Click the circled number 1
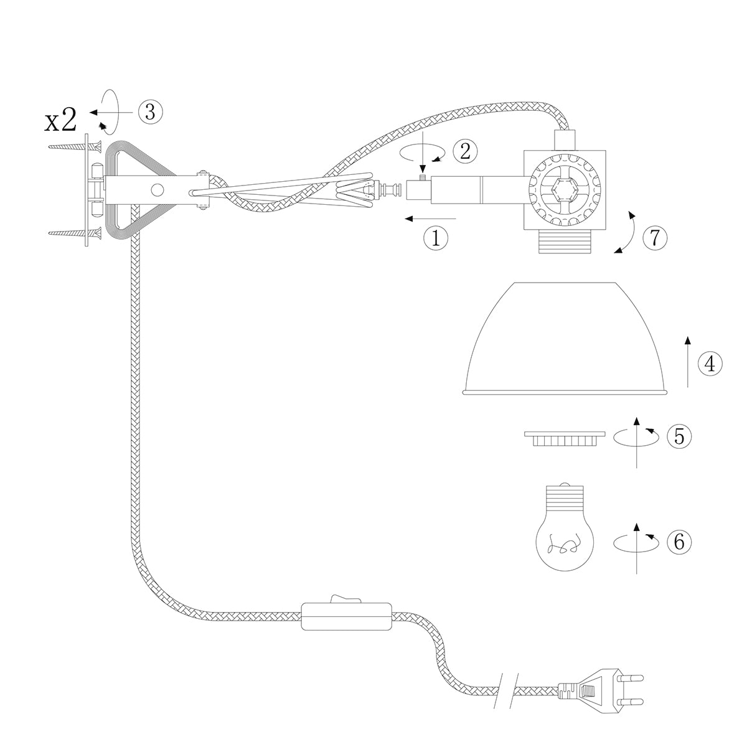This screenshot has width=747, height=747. coord(435,237)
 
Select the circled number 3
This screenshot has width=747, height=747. coord(150,112)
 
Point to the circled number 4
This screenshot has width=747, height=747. coord(710,364)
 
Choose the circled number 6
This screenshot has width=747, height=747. coord(679,542)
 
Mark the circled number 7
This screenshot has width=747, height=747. coord(654,237)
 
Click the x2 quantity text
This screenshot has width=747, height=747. coord(60,121)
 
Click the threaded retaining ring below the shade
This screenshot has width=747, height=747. coord(565,438)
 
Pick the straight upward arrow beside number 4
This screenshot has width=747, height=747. coord(687,361)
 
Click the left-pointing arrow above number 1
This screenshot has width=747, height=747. coord(430,218)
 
